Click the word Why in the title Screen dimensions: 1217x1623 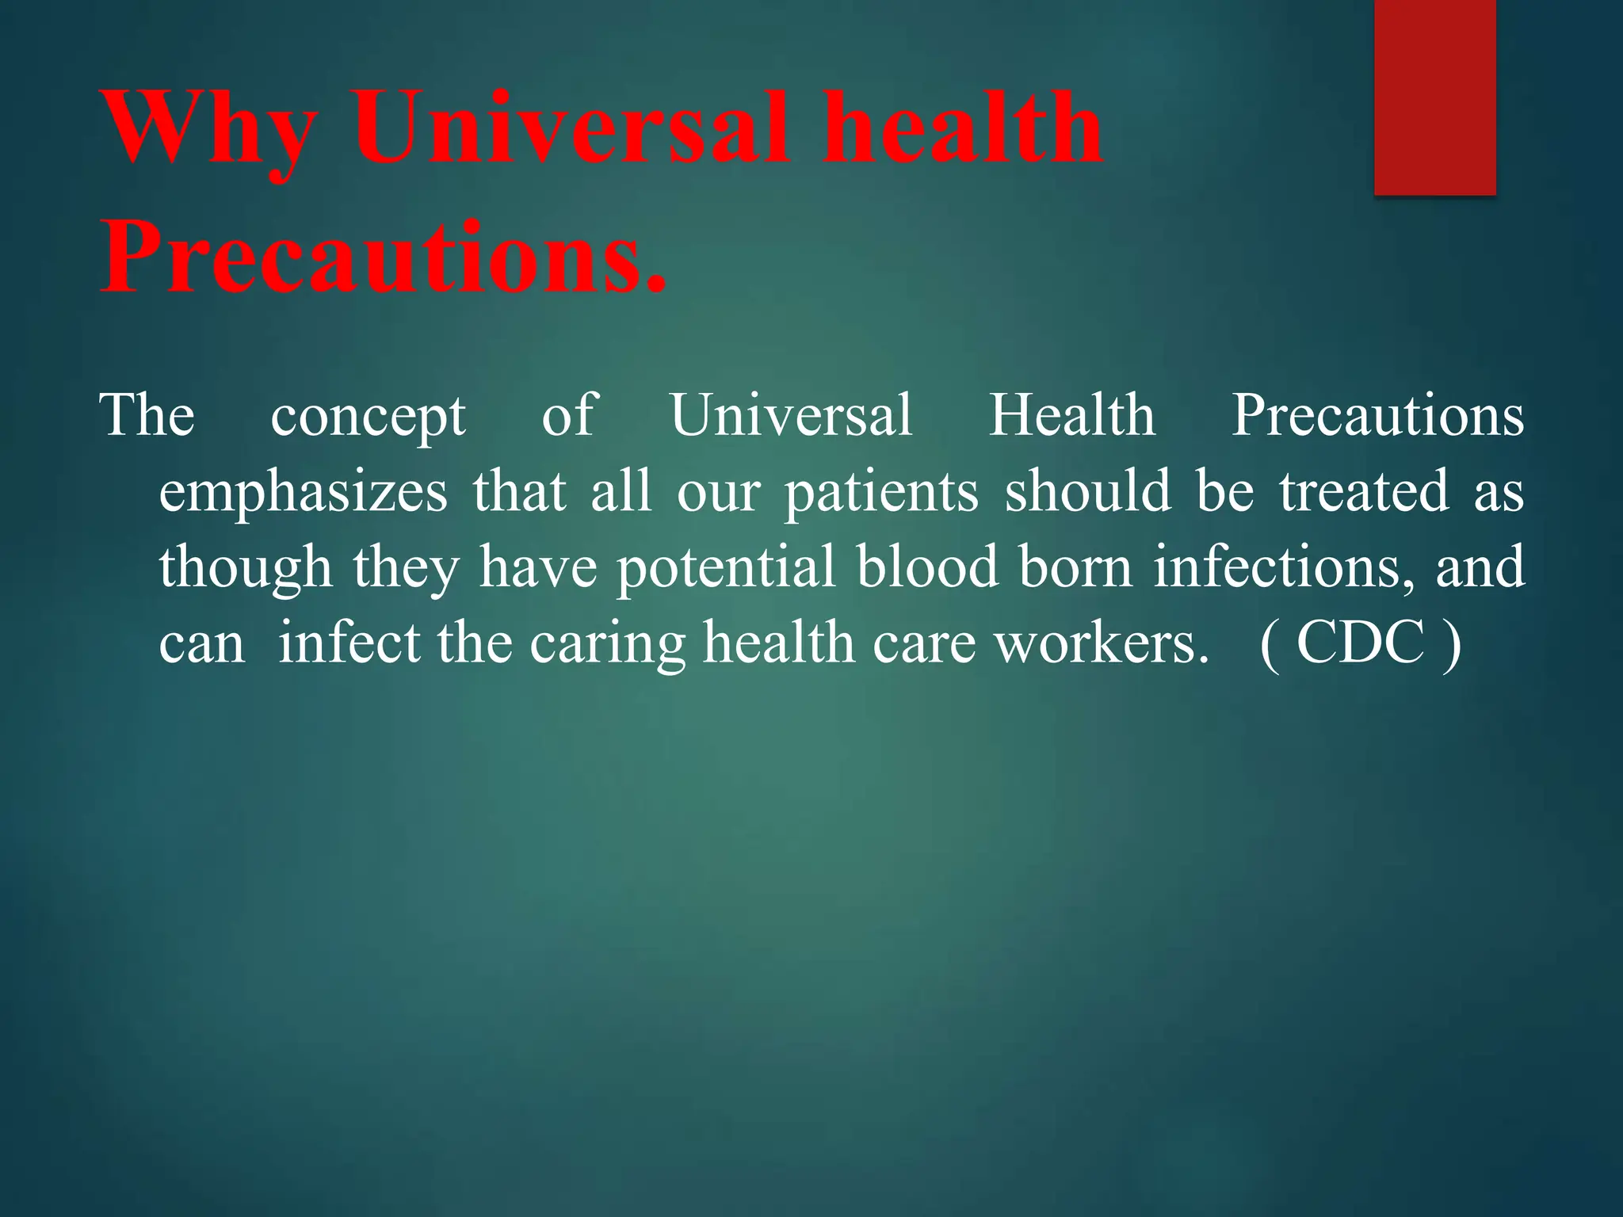coord(211,131)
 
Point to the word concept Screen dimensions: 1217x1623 coord(368,417)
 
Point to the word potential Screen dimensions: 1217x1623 coord(726,567)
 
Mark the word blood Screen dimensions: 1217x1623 coord(927,566)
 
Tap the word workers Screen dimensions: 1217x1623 coord(1102,642)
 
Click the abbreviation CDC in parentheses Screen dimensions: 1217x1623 coord(1360,642)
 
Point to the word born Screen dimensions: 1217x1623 coord(1075,566)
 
